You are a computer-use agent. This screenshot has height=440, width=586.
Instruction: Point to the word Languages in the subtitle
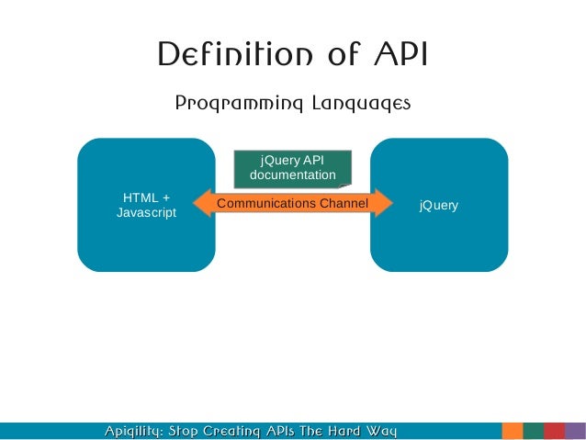coord(354,104)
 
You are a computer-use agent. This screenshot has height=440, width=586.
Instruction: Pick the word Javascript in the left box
coord(146,213)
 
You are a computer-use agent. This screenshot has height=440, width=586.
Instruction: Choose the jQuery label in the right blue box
coord(438,205)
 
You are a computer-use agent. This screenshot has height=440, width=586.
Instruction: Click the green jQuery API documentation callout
coord(292,166)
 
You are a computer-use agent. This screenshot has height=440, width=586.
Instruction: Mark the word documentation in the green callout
coord(292,175)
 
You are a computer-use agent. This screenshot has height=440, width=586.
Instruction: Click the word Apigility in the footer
coord(134,431)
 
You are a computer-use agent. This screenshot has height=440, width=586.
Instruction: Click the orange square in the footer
coord(513,431)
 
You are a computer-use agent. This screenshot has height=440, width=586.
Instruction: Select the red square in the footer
coord(554,431)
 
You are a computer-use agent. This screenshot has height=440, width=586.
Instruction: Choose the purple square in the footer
coord(576,431)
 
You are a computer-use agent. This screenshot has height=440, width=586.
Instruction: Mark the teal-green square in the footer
coord(533,431)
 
